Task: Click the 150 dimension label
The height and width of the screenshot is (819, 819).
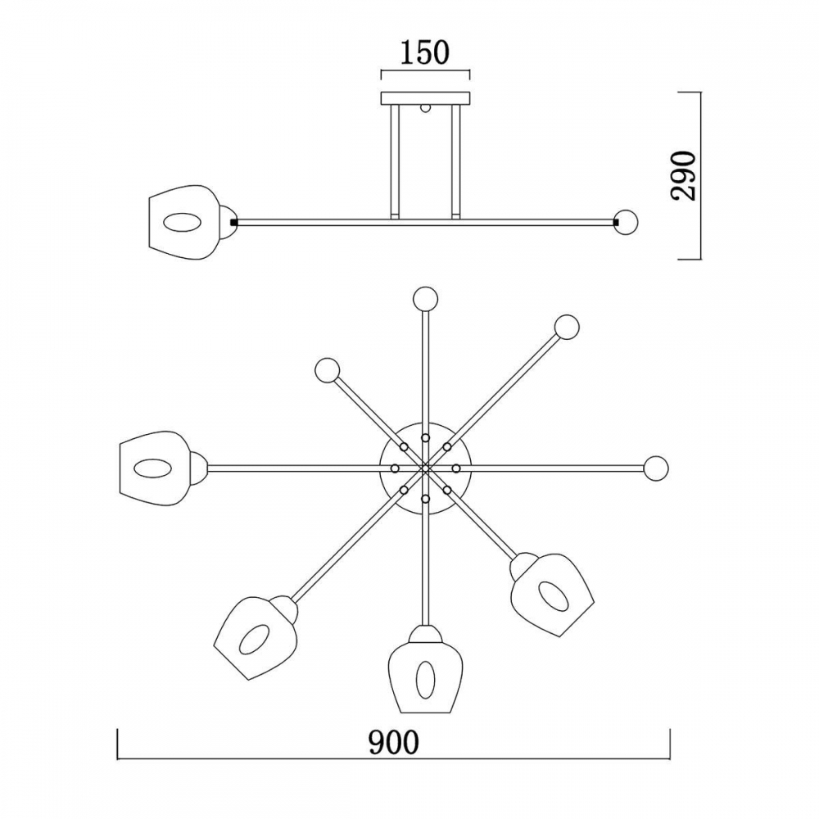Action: point(424,52)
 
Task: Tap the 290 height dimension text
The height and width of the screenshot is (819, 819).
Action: point(683,176)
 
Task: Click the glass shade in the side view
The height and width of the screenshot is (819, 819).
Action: point(183,222)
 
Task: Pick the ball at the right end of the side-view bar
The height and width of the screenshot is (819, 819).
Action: point(627,221)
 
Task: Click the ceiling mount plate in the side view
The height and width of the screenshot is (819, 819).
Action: point(426,98)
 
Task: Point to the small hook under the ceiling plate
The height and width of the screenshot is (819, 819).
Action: point(426,109)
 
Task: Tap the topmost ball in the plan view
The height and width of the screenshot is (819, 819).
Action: point(424,299)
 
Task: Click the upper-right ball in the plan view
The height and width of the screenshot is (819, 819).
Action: point(567,327)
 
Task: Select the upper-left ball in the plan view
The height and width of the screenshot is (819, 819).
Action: point(328,370)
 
